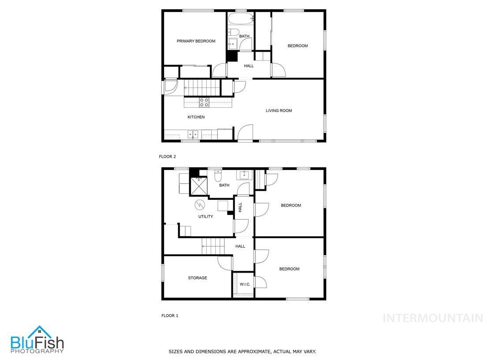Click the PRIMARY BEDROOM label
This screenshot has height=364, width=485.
click(196, 41)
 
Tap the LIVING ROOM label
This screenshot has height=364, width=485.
click(279, 111)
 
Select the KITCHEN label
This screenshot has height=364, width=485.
click(196, 117)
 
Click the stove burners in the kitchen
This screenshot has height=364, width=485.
click(204, 102)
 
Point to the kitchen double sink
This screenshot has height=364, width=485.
click(193, 134)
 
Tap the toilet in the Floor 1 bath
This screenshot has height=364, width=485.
click(217, 177)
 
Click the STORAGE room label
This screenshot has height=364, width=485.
click(198, 278)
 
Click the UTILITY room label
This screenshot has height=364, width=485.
click(205, 217)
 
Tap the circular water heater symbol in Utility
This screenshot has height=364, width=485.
click(200, 205)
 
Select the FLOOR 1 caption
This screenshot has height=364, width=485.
click(170, 315)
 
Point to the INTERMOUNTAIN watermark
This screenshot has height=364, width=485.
click(433, 318)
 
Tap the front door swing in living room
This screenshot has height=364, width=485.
click(245, 132)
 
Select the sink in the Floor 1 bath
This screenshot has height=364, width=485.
click(244, 174)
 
